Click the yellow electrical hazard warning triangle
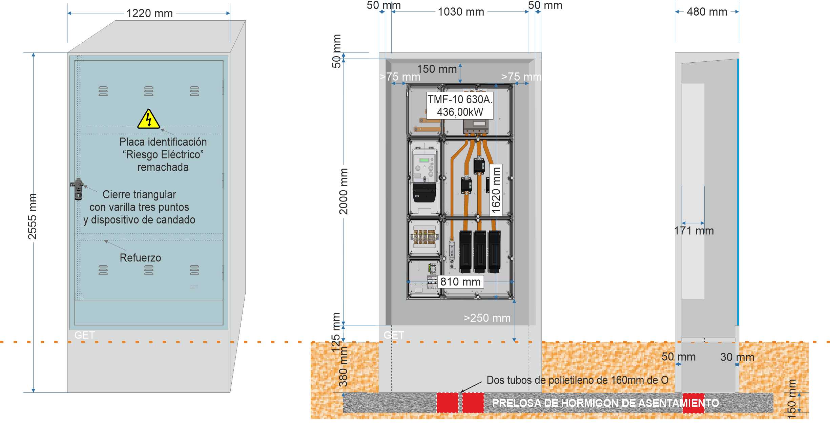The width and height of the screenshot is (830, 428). click(148, 119)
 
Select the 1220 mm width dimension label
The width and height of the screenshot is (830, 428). click(149, 14)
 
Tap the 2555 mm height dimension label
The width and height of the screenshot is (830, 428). click(32, 216)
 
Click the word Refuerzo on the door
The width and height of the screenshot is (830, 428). click(140, 258)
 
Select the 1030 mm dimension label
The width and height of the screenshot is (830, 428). click(461, 12)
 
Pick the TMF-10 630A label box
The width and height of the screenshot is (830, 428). click(460, 106)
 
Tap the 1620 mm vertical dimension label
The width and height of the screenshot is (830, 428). click(496, 190)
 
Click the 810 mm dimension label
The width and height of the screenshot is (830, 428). click(460, 282)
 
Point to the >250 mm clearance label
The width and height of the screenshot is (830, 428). click(487, 318)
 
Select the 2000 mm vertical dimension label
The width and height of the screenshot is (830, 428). click(343, 191)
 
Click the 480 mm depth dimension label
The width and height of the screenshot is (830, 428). click(707, 12)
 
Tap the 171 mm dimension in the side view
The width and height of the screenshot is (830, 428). click(694, 231)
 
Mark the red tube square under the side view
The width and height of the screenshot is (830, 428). click(693, 403)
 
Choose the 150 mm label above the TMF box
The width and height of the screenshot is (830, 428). click(437, 69)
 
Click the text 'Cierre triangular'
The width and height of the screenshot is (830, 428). click(139, 194)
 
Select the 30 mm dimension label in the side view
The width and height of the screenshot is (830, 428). click(737, 357)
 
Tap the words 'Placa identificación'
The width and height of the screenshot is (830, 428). click(163, 142)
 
